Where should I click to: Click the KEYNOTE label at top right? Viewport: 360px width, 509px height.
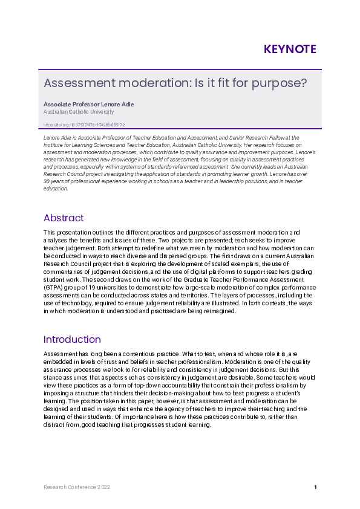tap(290, 50)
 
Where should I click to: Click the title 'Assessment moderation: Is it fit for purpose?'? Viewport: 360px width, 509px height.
tap(175, 83)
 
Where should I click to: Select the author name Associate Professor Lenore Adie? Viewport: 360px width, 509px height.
tap(89, 105)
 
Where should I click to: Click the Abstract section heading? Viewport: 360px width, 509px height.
tap(64, 218)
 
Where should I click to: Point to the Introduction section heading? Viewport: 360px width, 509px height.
tap(72, 339)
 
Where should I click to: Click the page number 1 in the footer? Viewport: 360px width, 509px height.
tap(315, 487)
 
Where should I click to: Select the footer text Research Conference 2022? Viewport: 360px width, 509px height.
tap(77, 487)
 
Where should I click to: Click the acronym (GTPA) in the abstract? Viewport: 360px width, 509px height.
tap(54, 288)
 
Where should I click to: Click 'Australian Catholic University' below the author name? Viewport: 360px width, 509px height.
tap(79, 112)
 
